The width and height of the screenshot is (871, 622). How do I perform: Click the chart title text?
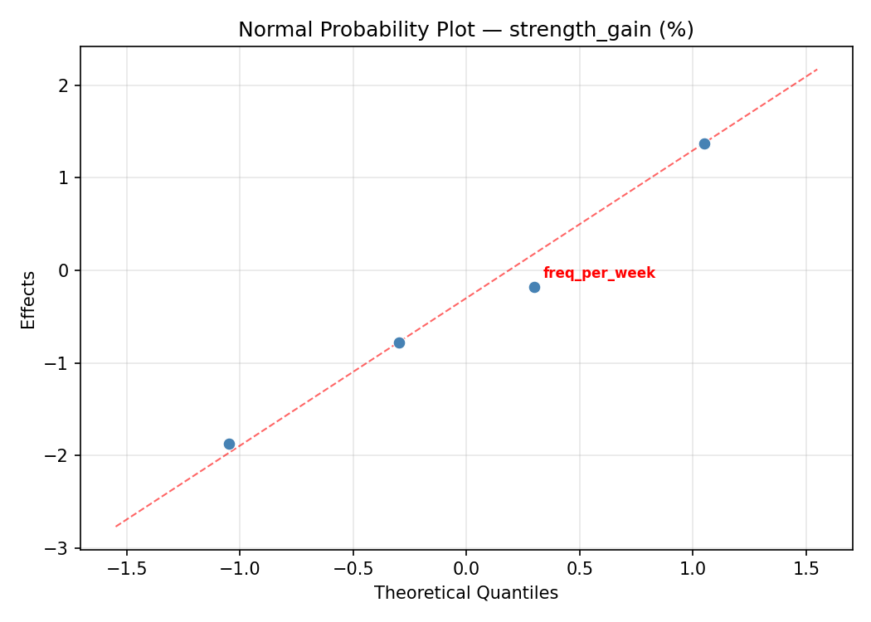click(x=465, y=30)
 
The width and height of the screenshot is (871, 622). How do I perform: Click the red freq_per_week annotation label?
click(x=599, y=273)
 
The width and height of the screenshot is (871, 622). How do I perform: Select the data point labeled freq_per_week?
click(x=534, y=287)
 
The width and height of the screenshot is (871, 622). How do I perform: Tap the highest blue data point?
click(x=704, y=143)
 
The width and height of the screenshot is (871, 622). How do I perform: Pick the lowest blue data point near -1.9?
click(x=229, y=444)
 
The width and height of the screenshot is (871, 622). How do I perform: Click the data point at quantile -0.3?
click(x=399, y=343)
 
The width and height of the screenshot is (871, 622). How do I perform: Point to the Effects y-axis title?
click(x=29, y=300)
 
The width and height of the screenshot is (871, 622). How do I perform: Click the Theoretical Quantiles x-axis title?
click(x=465, y=593)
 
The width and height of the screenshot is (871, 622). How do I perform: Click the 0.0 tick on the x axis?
click(x=466, y=568)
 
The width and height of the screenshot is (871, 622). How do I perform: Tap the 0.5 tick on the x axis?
click(x=579, y=568)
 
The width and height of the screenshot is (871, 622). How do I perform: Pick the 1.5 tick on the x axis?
click(x=805, y=568)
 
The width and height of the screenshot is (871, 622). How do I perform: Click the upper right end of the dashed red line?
click(x=817, y=69)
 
